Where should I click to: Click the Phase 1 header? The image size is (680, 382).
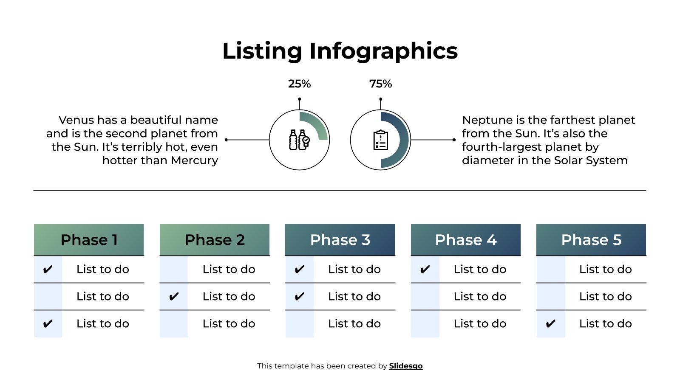[89, 240]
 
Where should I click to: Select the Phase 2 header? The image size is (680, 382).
[215, 240]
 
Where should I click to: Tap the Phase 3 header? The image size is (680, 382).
[340, 240]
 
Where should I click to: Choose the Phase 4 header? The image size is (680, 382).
[466, 240]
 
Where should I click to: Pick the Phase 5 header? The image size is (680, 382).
[591, 240]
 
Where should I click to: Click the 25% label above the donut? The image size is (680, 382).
[299, 84]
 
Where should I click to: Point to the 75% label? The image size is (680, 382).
[380, 84]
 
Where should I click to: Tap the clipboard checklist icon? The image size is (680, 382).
[380, 140]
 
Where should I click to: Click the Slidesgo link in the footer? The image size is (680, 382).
[406, 366]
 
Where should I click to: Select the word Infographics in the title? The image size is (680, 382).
[383, 51]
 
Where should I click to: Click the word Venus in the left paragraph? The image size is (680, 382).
[76, 120]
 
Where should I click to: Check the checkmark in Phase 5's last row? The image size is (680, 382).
[550, 324]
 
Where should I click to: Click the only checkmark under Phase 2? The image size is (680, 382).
[174, 297]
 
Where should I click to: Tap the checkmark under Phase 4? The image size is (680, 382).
[425, 270]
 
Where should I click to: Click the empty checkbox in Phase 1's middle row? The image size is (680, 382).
[48, 297]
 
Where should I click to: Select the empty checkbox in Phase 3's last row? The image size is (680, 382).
[300, 324]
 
